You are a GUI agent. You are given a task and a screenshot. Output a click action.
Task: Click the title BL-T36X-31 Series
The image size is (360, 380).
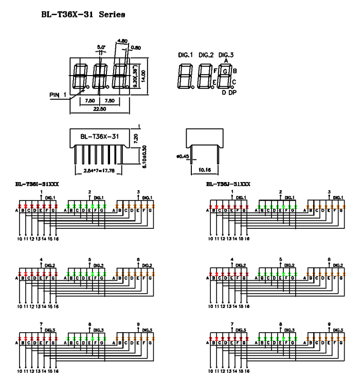[83, 15]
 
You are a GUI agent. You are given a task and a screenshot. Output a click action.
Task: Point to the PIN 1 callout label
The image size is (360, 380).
[59, 95]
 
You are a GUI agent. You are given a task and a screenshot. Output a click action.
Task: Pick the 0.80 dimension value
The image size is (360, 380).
[136, 48]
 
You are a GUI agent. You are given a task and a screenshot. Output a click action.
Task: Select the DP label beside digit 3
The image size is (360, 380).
[232, 92]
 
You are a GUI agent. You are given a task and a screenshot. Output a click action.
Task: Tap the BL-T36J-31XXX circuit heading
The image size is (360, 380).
[228, 184]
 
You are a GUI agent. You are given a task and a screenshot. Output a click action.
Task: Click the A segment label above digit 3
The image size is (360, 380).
[226, 61]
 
